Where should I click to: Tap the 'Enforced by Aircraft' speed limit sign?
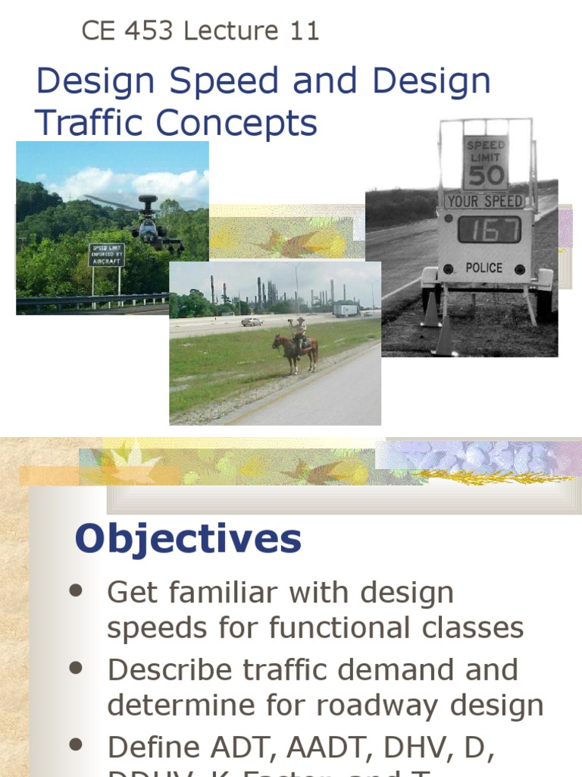coord(106,255)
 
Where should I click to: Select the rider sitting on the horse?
coord(301,332)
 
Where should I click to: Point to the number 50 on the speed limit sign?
coord(485,175)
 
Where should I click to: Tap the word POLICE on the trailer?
coord(483,267)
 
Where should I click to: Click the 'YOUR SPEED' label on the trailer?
coord(485,201)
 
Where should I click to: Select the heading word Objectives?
coord(188,539)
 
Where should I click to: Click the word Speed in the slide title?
coord(227,82)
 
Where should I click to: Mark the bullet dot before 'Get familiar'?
coord(75,591)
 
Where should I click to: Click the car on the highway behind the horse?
coord(252,322)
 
